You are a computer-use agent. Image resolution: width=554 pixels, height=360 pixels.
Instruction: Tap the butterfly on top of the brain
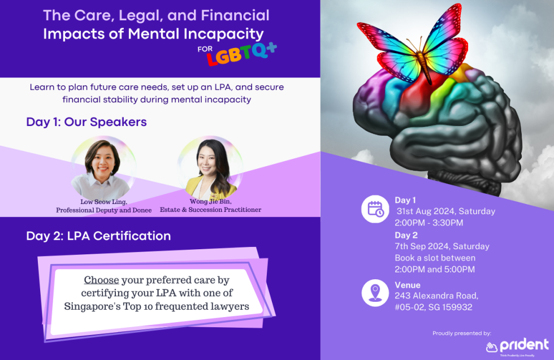click(x=417, y=45)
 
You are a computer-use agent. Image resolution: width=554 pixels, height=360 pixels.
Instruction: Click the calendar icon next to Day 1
click(x=375, y=210)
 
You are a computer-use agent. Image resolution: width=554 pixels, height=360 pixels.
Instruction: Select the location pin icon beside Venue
click(x=375, y=293)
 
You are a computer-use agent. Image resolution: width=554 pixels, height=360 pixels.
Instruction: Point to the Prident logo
click(x=517, y=346)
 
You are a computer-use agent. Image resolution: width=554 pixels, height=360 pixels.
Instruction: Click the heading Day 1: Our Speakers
click(x=86, y=122)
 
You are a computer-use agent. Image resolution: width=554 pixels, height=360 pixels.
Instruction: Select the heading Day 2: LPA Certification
click(x=98, y=236)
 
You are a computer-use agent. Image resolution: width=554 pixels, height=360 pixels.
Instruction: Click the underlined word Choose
click(x=101, y=280)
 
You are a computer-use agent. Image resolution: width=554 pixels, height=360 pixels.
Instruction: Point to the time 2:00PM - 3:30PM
click(x=429, y=223)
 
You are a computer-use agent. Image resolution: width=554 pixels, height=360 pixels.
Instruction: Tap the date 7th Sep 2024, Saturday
click(x=442, y=246)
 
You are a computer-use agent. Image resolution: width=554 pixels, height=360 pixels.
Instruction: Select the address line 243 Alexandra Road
click(x=436, y=296)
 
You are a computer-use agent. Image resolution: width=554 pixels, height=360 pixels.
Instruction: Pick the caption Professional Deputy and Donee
click(x=104, y=210)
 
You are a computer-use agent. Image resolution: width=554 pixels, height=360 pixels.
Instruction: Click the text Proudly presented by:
click(x=462, y=333)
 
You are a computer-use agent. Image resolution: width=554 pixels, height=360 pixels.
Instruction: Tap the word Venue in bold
click(x=408, y=285)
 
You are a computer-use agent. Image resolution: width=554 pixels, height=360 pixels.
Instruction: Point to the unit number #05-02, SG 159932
click(x=433, y=307)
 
